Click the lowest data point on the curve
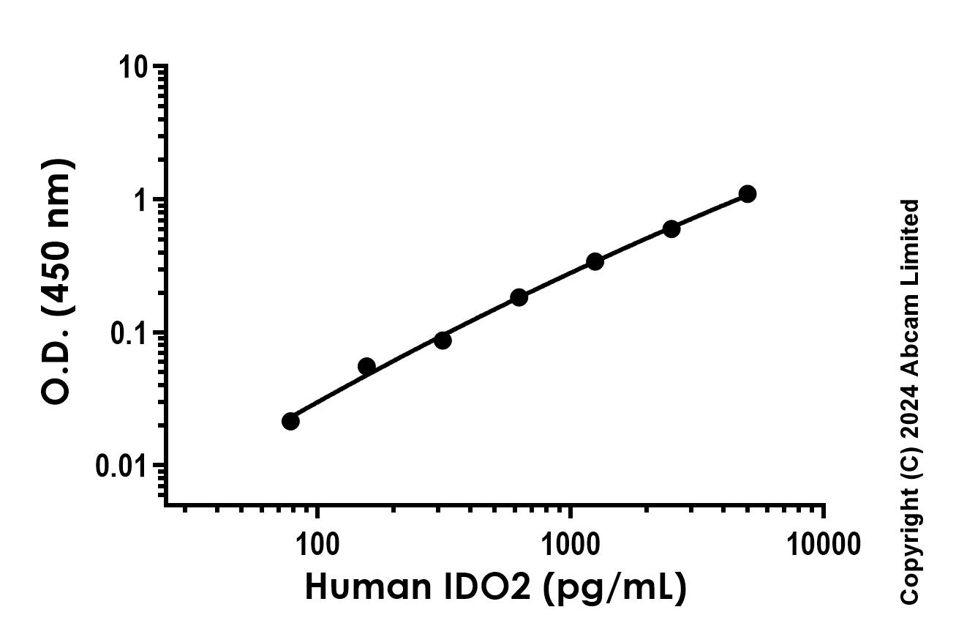tap(290, 421)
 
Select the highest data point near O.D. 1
tap(747, 194)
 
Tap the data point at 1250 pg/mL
tap(595, 261)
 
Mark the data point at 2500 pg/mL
tap(671, 229)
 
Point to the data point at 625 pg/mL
tap(519, 297)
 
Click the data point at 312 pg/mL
tap(443, 340)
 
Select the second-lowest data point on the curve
tap(366, 366)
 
